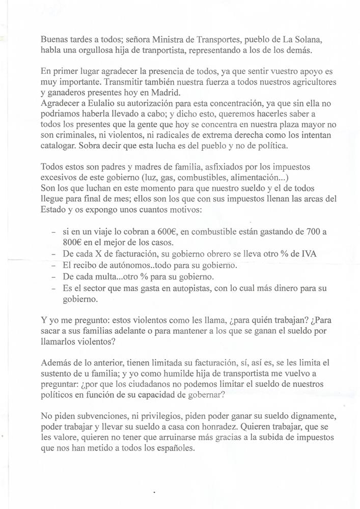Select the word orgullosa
coord(86,50)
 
